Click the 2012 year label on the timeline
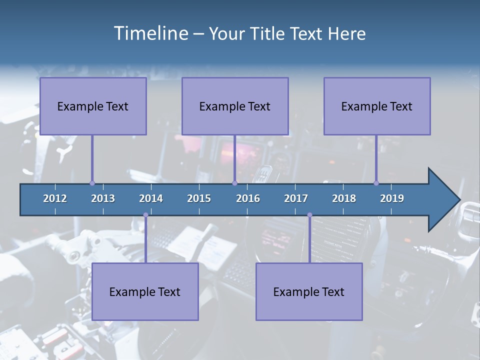coord(55,198)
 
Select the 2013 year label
coord(103,198)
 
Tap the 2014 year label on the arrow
coord(151,198)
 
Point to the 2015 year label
coord(199,198)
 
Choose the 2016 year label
coord(248,198)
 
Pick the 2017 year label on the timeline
coord(296,198)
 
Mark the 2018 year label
coord(344,198)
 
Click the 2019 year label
coord(392,198)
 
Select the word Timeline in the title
coord(150,33)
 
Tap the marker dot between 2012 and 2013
coord(92,183)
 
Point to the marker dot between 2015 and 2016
coord(234,183)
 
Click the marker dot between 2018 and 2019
coord(376,183)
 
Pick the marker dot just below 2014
coord(145,215)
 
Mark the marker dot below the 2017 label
coord(309,215)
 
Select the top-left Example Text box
coord(93,106)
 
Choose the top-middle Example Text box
coord(235,106)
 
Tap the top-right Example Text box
coord(377,106)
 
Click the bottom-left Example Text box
coord(145,291)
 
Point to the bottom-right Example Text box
coord(309,291)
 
